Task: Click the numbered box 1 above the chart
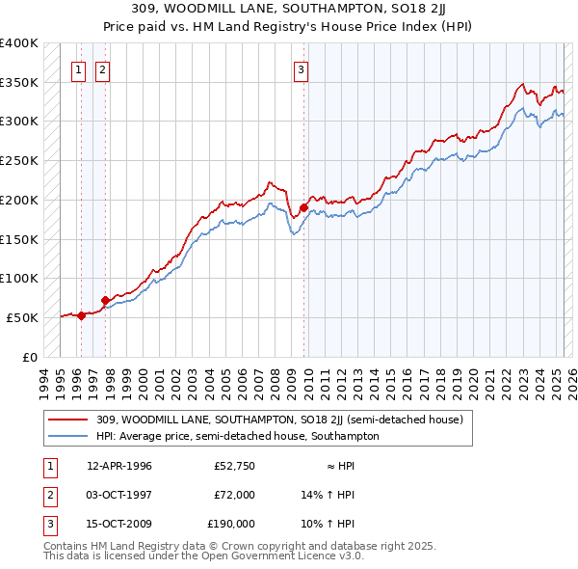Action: click(77, 68)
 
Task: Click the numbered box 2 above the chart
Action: click(102, 68)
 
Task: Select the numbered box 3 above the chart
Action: click(302, 68)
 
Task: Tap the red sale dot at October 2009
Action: click(303, 207)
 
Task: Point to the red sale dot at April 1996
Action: click(81, 314)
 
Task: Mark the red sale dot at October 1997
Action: click(105, 300)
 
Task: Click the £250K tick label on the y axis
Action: click(19, 161)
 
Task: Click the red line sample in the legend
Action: click(68, 420)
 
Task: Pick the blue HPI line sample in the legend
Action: click(68, 436)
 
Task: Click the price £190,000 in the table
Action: click(231, 524)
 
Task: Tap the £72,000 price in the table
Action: click(234, 495)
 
